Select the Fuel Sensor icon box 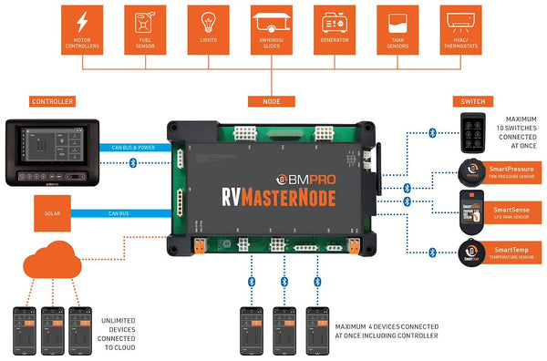click(147, 29)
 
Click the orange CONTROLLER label click(52, 101)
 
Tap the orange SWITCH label click(474, 101)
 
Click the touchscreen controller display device click(53, 151)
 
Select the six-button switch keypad click(473, 132)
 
